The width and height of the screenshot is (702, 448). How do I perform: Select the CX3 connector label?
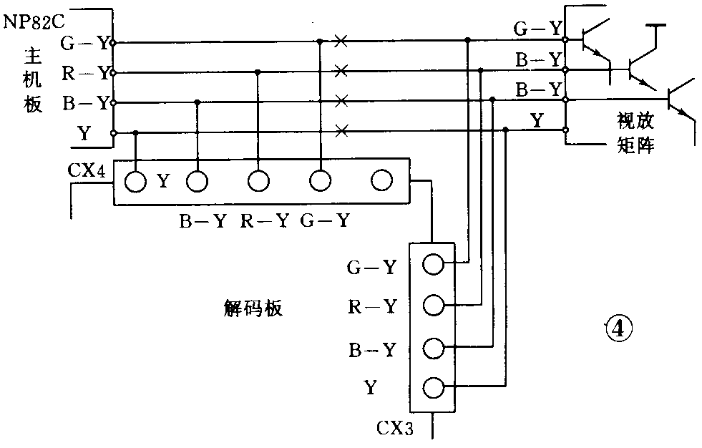pos(394,429)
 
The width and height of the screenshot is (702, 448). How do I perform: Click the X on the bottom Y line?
pos(341,130)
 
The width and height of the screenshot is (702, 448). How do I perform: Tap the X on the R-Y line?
pos(341,71)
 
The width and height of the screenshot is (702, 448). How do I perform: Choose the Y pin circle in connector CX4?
pos(135,181)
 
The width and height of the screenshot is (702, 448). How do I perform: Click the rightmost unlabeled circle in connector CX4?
pos(381,180)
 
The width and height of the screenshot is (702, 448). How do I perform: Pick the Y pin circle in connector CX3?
pos(434,388)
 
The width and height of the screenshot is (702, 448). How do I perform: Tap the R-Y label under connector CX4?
pos(263,221)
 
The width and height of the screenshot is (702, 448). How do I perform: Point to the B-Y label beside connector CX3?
pos(371,350)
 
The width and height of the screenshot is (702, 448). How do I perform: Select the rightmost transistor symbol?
pos(679,100)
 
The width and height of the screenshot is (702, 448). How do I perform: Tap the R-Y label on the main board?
pos(86,72)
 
